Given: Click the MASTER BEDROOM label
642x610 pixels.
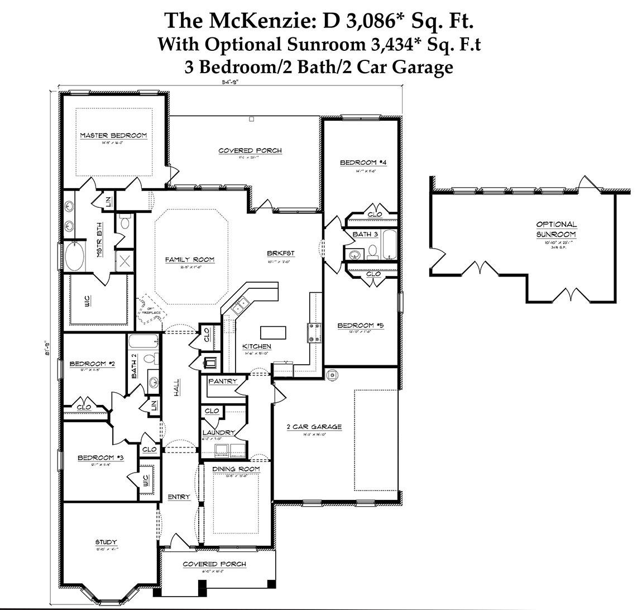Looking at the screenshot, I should point(113,136).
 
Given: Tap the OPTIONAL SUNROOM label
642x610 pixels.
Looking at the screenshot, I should point(556,230).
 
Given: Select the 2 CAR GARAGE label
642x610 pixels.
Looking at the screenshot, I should point(314,427).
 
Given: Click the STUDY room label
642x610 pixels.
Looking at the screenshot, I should point(106,542).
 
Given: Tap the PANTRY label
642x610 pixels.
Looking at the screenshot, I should point(222,381).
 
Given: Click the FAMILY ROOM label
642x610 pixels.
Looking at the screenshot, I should point(189,259).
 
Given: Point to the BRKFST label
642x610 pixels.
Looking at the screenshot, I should point(280,253).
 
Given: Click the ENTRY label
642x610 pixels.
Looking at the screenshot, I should point(179,497).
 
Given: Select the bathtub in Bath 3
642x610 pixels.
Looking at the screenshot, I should point(389,244).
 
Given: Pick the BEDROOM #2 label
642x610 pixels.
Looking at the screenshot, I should point(92,364).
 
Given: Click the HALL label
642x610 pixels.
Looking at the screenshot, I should point(176,388).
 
